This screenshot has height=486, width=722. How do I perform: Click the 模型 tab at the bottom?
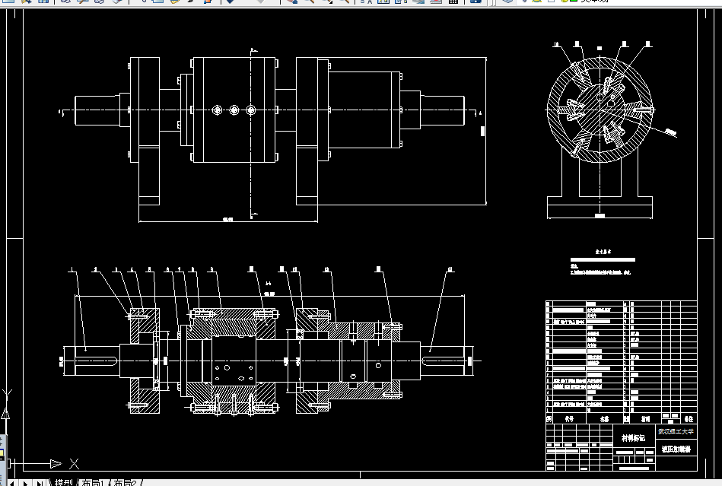click(63, 482)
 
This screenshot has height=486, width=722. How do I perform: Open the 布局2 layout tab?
click(126, 482)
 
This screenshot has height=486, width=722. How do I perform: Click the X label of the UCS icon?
click(74, 463)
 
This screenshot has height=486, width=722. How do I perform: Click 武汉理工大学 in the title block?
click(676, 432)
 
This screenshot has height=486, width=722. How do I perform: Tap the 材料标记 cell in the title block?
click(634, 437)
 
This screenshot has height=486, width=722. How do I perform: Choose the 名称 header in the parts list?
click(604, 418)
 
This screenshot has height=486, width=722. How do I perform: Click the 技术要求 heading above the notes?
click(604, 250)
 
